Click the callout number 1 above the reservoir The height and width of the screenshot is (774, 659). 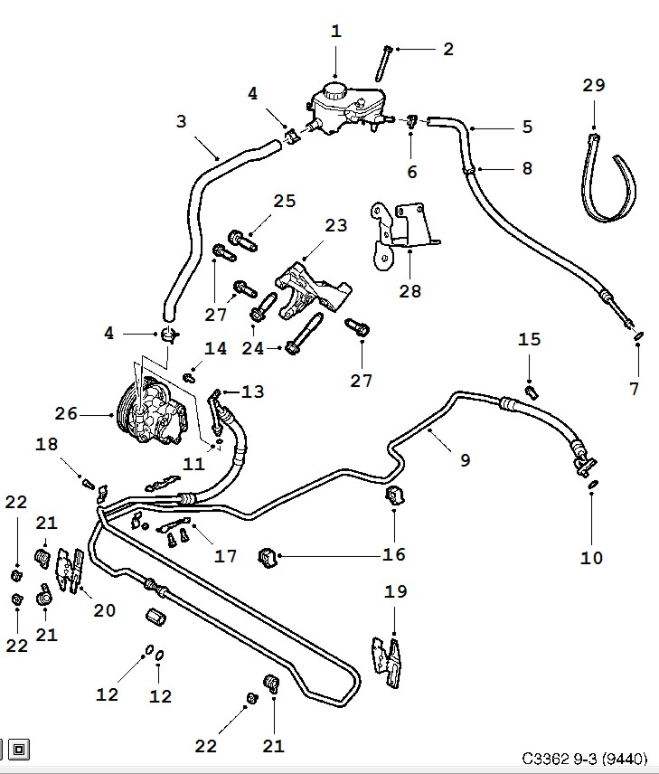(336, 32)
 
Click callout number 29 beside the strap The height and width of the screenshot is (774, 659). (593, 86)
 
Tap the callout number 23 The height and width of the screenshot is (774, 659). (335, 226)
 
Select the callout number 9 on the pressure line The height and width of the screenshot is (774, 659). (465, 460)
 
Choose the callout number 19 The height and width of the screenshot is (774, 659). (396, 592)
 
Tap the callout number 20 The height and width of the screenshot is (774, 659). (105, 611)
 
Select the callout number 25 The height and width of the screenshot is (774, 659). (285, 201)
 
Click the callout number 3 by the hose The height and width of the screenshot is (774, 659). (181, 120)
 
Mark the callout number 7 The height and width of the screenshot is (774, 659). (635, 389)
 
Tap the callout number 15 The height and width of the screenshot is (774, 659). (529, 340)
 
